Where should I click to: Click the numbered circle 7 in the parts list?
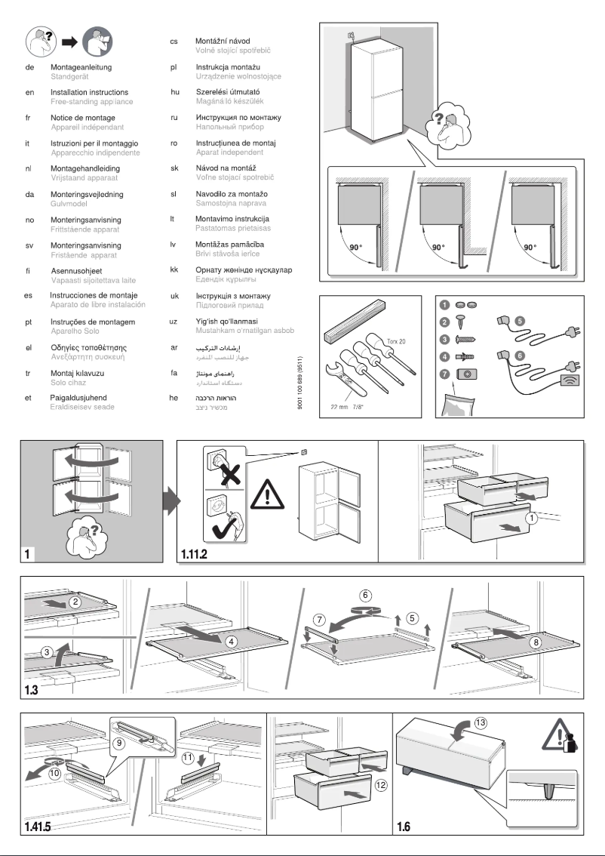click(x=444, y=374)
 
